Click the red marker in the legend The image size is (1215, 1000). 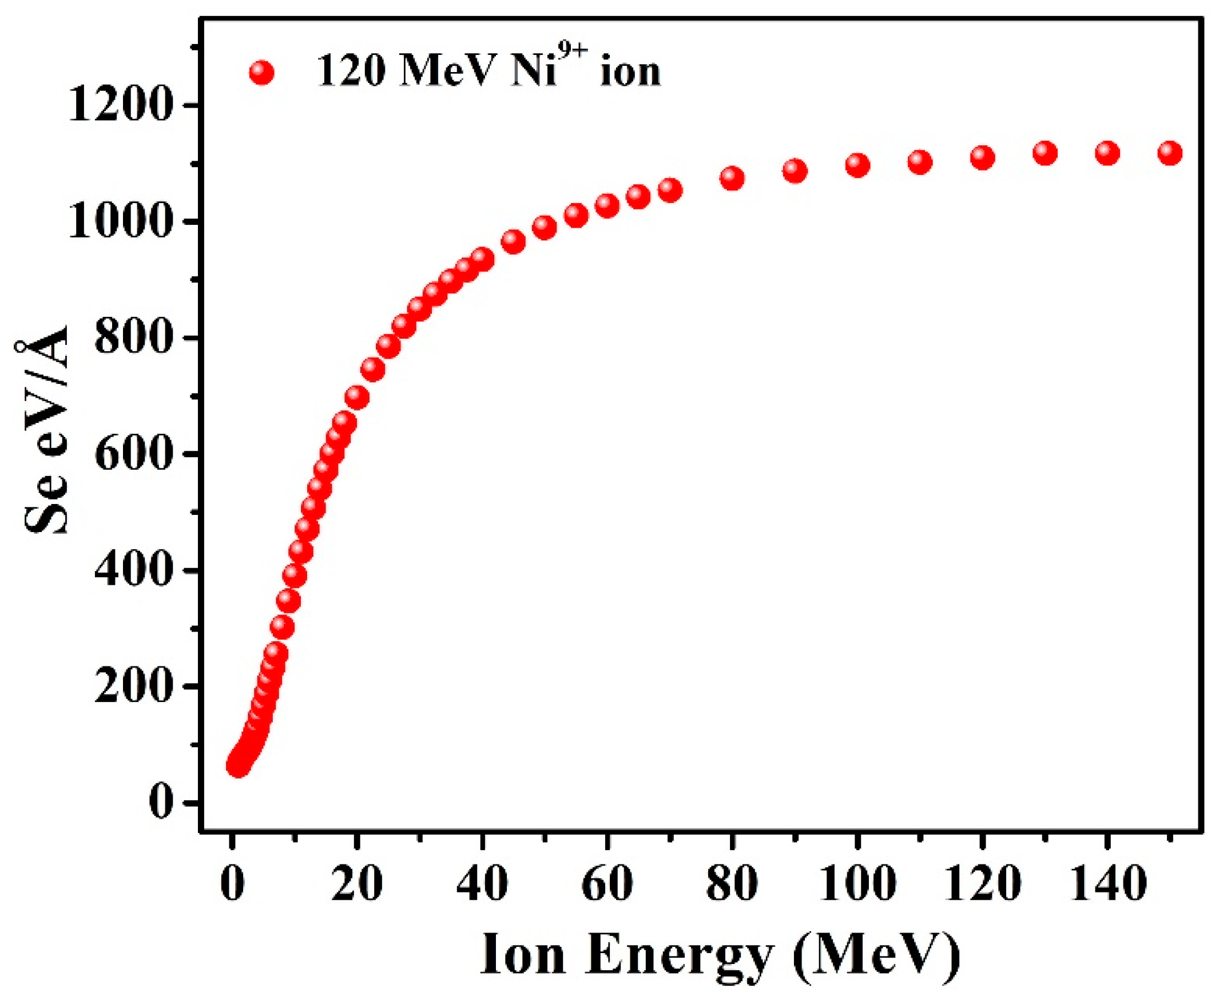coord(261,73)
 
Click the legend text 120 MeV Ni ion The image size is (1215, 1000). coord(489,72)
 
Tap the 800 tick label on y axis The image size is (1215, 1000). coord(132,338)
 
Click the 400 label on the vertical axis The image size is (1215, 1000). coord(132,571)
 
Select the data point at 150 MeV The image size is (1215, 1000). coord(1169,153)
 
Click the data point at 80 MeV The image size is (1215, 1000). coord(732,178)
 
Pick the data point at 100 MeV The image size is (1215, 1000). coord(857,165)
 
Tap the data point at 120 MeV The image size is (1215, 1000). coord(982,157)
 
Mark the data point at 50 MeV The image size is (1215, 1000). coord(544,228)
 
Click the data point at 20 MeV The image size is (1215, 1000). coord(357,398)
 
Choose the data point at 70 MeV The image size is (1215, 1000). coord(670,190)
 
